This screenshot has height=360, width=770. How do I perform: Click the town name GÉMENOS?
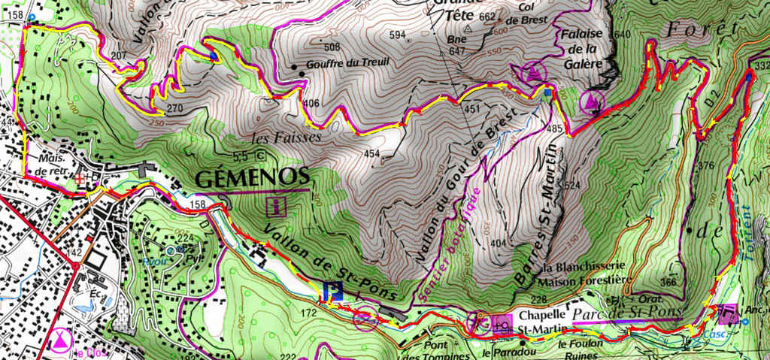pos(252,177)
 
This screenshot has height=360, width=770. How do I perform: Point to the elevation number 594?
pos(398,35)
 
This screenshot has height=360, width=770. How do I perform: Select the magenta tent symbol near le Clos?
pos(57,339)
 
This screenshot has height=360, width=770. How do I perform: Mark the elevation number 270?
pos(175,108)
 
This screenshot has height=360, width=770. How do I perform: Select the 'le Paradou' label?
pos(503,351)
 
